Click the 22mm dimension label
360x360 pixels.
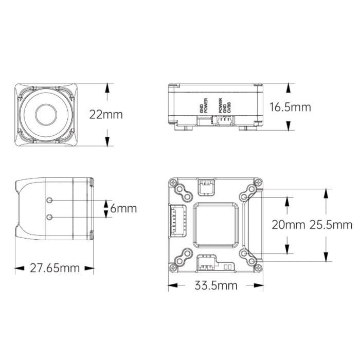point(106,114)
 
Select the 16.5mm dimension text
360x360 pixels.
point(290,107)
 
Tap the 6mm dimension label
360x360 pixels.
point(123,208)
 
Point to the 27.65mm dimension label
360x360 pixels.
point(55,268)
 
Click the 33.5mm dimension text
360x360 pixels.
point(216,285)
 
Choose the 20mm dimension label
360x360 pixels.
point(288,225)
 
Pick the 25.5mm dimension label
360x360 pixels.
point(331,225)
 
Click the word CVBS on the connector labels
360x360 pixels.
point(229,107)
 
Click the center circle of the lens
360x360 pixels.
point(46,115)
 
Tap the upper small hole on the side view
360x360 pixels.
point(49,200)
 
